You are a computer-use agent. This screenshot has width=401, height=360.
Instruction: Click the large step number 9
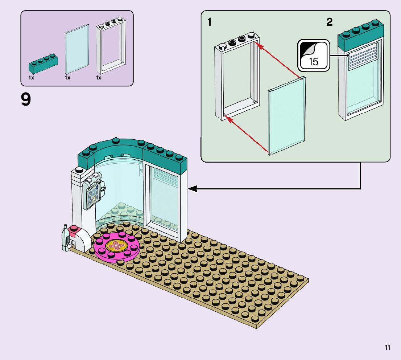point(26,100)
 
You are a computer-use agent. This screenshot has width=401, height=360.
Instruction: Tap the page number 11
point(388,348)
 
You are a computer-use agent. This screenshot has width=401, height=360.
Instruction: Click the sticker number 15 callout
point(313,56)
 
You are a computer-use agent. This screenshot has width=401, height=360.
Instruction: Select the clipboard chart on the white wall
point(93,195)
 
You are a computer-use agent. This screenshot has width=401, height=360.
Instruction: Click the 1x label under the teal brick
point(32,78)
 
